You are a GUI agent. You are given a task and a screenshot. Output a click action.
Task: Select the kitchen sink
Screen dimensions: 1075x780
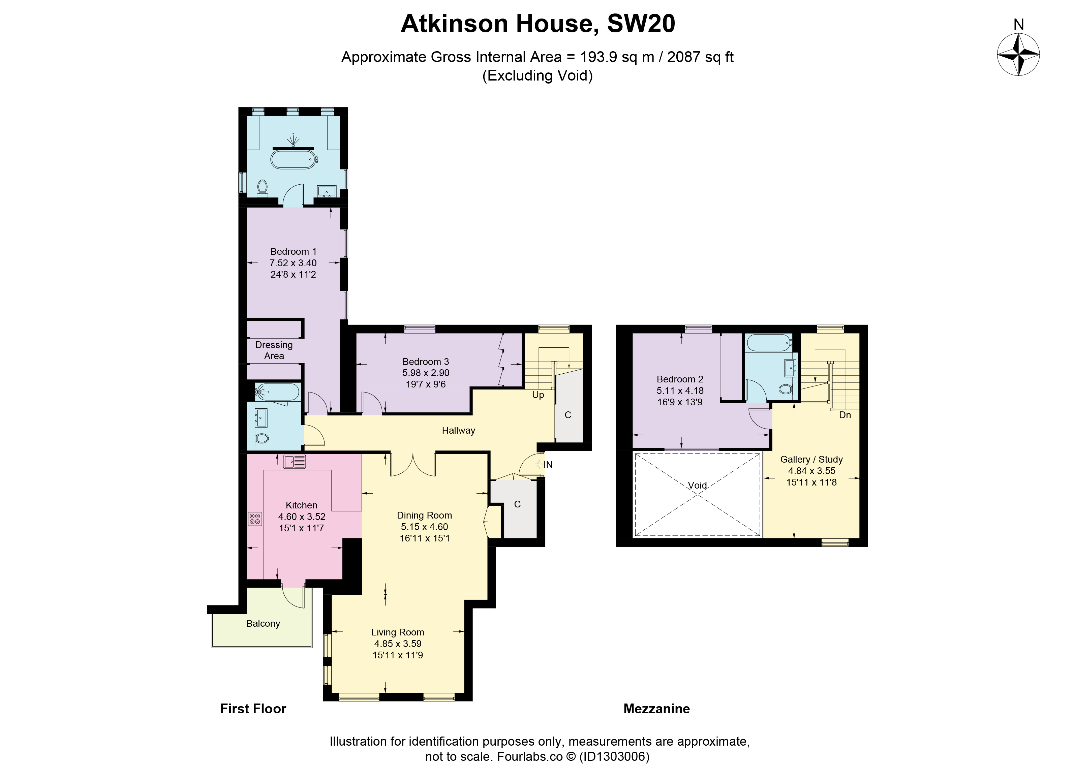tap(295, 461)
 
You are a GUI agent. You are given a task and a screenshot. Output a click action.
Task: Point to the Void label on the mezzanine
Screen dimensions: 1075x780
tap(697, 485)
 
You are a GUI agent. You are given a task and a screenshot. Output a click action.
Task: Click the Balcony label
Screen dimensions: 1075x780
tap(263, 624)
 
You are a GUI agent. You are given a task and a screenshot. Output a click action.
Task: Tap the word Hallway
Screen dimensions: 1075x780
tap(458, 430)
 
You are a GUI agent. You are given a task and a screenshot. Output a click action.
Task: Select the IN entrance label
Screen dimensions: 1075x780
tap(548, 465)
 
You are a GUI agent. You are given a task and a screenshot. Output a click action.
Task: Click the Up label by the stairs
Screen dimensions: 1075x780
tap(538, 395)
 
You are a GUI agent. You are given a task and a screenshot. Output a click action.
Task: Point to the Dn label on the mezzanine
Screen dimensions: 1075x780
tap(845, 415)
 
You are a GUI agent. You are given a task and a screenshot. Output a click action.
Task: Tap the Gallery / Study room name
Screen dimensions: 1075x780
tap(811, 459)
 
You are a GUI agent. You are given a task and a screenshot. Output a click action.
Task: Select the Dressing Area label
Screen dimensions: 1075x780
tap(274, 350)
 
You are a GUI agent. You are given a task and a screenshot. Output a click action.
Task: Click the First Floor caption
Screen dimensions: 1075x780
tap(253, 709)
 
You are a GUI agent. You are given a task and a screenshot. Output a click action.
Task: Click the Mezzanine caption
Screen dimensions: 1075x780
tap(656, 709)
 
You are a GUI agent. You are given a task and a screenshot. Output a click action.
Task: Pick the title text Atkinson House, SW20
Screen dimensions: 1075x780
tap(538, 24)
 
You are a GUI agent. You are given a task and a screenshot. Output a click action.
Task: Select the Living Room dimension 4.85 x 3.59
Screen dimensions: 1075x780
tap(398, 644)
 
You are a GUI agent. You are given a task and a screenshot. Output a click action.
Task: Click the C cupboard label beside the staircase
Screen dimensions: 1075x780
tap(568, 415)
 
